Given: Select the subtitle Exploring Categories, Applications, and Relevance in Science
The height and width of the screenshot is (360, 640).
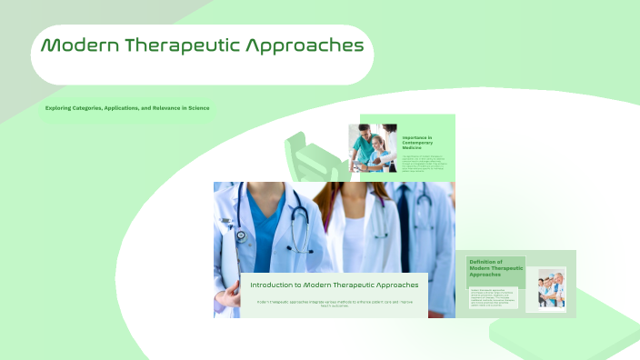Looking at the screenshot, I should (x=127, y=108).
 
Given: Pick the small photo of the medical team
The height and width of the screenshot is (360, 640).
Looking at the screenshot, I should (x=551, y=290).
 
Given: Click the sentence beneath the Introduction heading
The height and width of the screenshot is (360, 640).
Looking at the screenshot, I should (x=334, y=303).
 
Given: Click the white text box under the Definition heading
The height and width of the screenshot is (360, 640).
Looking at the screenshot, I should (x=494, y=297).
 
